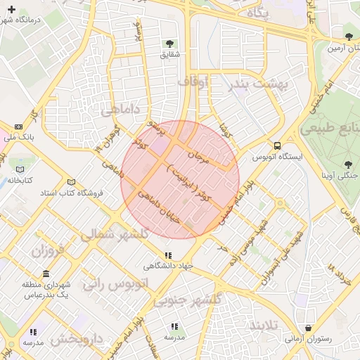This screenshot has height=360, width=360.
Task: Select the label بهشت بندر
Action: click(x=259, y=85)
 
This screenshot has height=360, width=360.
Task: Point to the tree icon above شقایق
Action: click(x=170, y=42)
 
